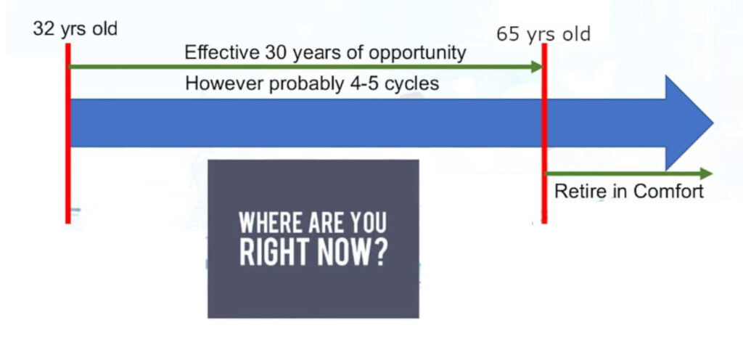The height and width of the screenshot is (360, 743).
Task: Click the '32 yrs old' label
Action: point(75,29)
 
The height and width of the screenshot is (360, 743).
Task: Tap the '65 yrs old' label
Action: point(543,35)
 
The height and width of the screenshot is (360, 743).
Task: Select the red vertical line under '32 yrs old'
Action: point(68,133)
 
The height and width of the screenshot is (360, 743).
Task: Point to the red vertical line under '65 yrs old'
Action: point(544,133)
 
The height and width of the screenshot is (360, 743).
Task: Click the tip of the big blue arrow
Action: point(713,123)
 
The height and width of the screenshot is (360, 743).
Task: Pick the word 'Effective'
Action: point(221,52)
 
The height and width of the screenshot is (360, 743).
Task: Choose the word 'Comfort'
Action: point(668,192)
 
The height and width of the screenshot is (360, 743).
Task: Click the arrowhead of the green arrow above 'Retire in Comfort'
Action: point(706,174)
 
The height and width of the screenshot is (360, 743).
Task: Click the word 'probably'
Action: point(304,85)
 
